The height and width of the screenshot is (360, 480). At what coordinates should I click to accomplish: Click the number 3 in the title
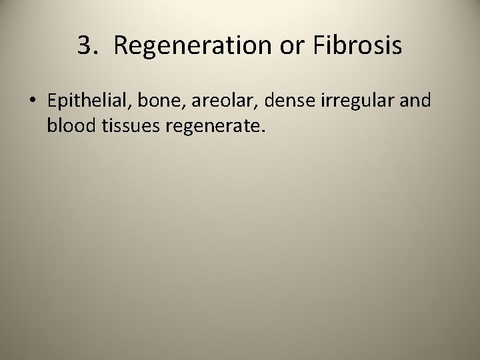click(85, 46)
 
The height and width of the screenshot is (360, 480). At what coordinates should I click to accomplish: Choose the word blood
click(69, 125)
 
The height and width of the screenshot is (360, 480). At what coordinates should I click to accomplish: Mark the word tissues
click(127, 125)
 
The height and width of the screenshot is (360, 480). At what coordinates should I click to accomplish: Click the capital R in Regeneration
click(120, 46)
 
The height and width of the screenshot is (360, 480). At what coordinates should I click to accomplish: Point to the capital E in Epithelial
click(52, 101)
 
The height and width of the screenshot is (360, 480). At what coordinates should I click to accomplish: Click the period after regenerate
click(264, 131)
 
